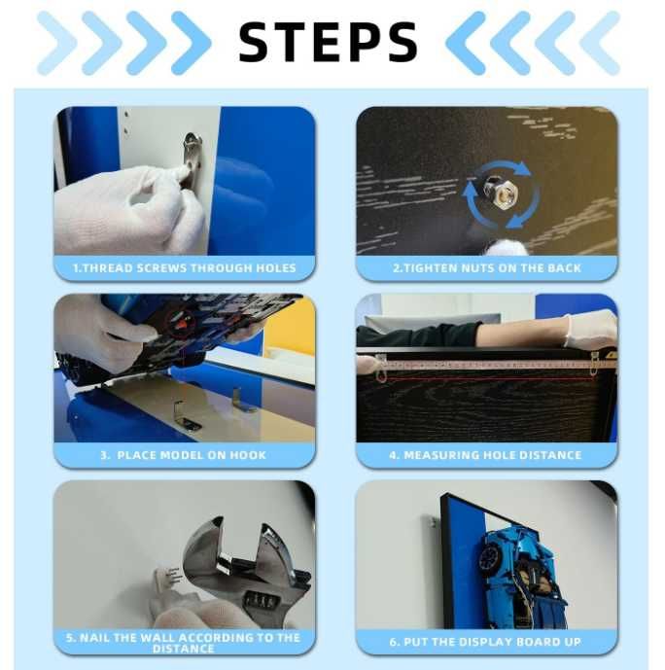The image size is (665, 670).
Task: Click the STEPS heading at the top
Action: [328, 42]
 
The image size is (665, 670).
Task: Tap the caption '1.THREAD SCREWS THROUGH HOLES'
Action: [184, 268]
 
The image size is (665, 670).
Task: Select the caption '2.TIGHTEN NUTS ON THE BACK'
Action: [487, 268]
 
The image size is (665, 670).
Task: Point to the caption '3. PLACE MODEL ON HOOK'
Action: [183, 455]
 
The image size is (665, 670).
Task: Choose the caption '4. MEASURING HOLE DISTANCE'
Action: [485, 455]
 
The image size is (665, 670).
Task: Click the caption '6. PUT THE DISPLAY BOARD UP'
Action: [485, 642]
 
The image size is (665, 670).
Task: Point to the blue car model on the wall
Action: [522, 577]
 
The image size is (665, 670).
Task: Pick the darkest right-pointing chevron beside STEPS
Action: [191, 43]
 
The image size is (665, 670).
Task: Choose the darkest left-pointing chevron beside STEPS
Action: [466, 43]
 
